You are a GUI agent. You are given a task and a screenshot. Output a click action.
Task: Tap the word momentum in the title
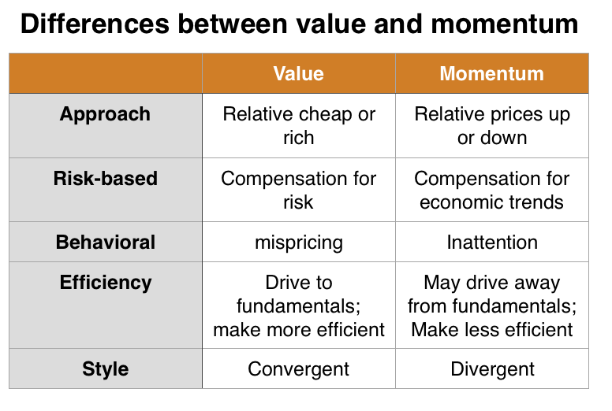coord(505,24)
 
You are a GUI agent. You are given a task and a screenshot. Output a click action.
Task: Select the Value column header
coord(298,74)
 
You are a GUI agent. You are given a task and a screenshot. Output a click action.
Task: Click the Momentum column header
coord(491,74)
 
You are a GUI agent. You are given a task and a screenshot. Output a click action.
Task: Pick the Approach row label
coord(105,114)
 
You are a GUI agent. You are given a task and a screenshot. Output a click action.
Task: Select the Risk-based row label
coord(105,179)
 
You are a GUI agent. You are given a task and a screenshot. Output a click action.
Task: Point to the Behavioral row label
coord(106,242)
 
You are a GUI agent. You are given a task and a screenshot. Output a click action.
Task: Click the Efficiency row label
coord(105,283)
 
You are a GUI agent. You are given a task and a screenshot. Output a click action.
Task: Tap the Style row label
coord(105,368)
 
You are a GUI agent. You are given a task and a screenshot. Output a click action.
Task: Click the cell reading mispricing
coord(298,243)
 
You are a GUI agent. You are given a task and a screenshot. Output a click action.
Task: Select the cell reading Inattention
coord(492,243)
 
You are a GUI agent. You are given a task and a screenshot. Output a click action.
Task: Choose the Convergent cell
coord(298,369)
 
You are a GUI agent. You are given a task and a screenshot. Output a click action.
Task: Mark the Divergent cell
coord(492,369)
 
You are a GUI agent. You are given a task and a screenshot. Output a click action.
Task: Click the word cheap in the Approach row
coord(323,114)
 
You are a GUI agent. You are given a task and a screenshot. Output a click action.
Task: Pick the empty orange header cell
coord(105,73)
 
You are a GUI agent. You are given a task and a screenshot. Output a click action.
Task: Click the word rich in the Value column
coord(298,138)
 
